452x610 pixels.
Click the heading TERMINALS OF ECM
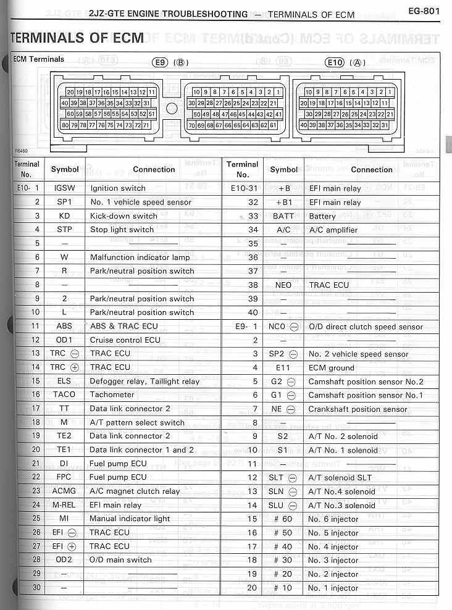[78, 38]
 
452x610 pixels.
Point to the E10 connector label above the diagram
[334, 62]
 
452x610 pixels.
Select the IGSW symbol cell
[65, 188]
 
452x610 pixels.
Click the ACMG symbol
[65, 491]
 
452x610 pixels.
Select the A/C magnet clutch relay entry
[135, 491]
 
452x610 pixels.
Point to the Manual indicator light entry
[130, 519]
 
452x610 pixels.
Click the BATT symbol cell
[283, 217]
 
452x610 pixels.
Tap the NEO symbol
[283, 285]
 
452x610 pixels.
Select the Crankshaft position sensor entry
[358, 409]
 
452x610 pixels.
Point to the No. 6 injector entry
[333, 519]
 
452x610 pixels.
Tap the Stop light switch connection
[122, 230]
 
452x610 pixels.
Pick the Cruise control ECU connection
[125, 340]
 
